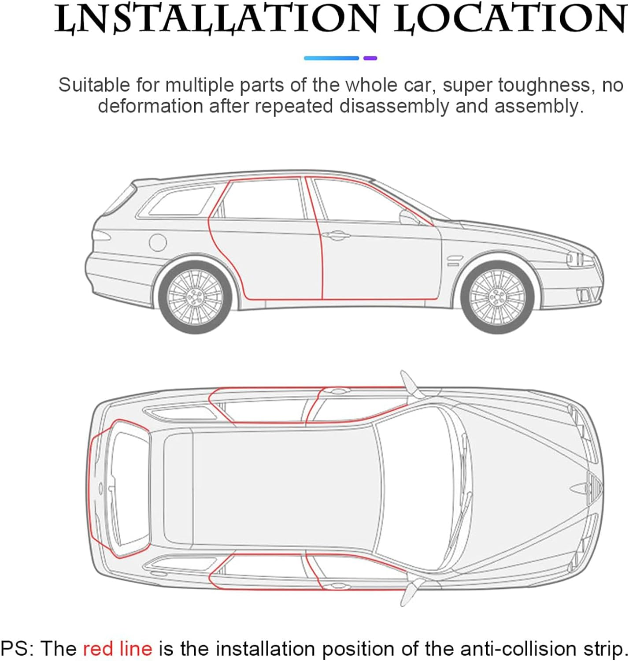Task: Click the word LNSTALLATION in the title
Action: (x=216, y=19)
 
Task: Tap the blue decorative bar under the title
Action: (x=332, y=58)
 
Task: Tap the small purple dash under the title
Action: (x=370, y=58)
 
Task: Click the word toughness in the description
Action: (x=544, y=85)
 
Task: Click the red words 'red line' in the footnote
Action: (x=117, y=648)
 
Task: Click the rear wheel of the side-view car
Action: (x=195, y=297)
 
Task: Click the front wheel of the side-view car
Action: (x=497, y=297)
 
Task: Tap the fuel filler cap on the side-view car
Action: (x=158, y=242)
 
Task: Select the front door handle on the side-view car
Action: (x=336, y=235)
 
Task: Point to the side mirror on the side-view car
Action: (x=409, y=217)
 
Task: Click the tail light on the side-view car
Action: (x=101, y=236)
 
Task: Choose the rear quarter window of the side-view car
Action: (x=181, y=201)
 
